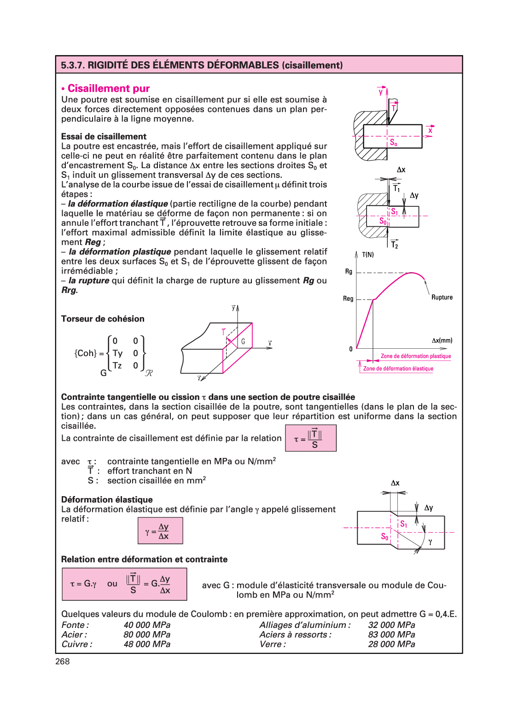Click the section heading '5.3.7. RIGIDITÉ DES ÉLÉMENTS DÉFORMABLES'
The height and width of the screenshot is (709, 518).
coord(202,65)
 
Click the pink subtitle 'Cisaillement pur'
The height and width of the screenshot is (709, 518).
coord(109,88)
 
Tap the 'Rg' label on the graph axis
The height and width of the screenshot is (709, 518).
coord(349,271)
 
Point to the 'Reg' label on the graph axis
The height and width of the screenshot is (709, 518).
coord(348,299)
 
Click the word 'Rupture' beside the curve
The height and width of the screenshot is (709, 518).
coord(442,297)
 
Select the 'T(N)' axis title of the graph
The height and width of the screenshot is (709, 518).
coord(368,255)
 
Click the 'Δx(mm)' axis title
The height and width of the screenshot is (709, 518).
coord(442,340)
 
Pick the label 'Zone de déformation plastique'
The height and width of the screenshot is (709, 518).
coord(416,356)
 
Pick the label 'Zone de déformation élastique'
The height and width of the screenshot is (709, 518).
coord(398,369)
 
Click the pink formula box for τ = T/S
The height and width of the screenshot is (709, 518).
coord(311,438)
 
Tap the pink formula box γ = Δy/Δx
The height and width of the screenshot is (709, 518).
coord(160,531)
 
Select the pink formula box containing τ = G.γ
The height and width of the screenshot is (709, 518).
coord(124,584)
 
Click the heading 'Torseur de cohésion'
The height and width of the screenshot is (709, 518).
coord(103,319)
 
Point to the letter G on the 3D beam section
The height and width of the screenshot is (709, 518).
coord(243,341)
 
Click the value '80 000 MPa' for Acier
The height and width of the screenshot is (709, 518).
coord(147,634)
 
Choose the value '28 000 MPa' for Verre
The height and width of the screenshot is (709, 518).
coord(391,644)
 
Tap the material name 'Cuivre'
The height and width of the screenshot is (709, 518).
coord(76,644)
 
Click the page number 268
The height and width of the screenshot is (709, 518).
coord(63,662)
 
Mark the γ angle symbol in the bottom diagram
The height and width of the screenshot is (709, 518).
coord(430,542)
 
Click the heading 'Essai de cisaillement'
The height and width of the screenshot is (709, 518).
coord(104,136)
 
